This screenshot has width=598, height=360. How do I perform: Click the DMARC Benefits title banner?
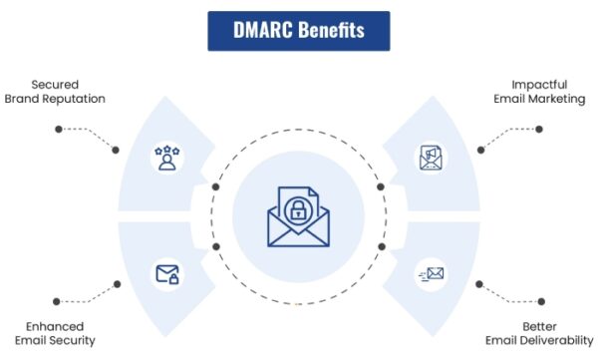[x=298, y=30]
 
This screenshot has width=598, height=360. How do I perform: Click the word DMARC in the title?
[x=263, y=30]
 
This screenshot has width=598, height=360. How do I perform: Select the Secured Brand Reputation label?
[x=54, y=91]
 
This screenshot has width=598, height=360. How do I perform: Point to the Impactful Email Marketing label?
[x=541, y=91]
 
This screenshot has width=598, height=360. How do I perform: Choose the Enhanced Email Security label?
[x=54, y=333]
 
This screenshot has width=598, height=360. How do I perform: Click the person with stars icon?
[x=166, y=157]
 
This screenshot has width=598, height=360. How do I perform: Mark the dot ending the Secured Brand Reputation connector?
[x=59, y=129]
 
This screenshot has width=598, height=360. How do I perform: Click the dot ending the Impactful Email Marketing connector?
[x=539, y=129]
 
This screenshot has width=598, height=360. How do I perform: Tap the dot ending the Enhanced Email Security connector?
[x=59, y=296]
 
